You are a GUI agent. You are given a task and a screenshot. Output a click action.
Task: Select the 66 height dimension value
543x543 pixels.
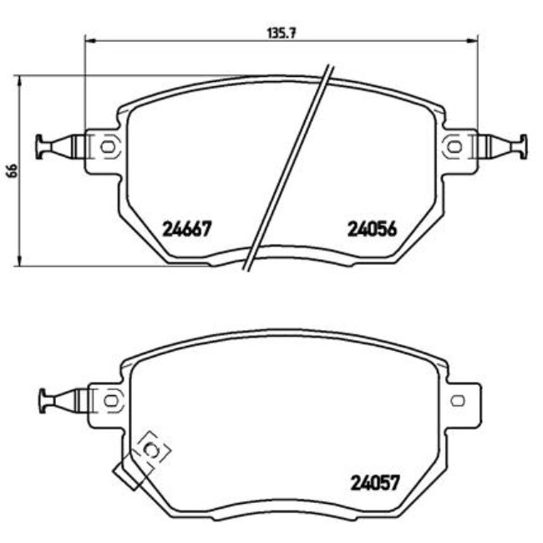tap(11, 170)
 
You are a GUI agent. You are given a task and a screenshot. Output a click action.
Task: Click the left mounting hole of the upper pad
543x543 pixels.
tap(107, 146)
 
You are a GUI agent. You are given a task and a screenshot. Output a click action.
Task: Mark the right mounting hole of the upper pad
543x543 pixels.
tap(454, 146)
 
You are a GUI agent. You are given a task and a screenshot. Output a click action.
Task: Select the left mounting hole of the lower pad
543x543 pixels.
tap(107, 400)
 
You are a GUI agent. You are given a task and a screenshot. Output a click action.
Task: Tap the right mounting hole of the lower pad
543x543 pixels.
tap(456, 400)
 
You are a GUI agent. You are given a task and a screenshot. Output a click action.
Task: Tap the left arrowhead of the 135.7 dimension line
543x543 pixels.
tap(89, 40)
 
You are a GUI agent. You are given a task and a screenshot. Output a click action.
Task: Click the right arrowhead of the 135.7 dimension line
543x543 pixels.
tap(474, 40)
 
